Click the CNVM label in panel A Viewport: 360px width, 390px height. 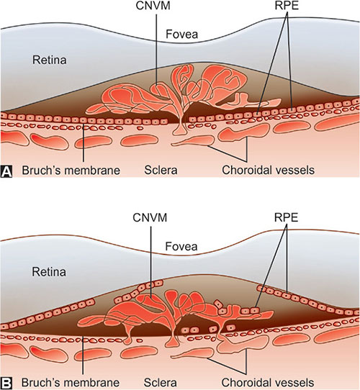[153, 6]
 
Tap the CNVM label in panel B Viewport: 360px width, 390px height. [150, 217]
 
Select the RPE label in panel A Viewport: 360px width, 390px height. [287, 6]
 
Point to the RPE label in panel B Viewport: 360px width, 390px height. [286, 217]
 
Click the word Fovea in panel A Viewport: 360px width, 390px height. [181, 34]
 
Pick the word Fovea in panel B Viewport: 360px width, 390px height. [181, 247]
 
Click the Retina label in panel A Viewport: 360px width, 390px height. [50, 60]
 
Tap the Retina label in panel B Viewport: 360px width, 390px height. [49, 272]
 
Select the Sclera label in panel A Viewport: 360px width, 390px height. [161, 171]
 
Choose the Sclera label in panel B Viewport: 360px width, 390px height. [161, 383]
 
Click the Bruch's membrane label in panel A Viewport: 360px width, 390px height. [71, 171]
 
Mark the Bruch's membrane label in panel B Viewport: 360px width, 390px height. [71, 383]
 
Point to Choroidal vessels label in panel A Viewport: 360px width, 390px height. [268, 171]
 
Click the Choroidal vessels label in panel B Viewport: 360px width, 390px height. [268, 383]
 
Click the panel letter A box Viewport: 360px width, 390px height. [6, 171]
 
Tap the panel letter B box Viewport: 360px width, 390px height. [6, 384]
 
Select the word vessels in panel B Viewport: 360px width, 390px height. [294, 383]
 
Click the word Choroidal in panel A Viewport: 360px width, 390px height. [246, 171]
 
